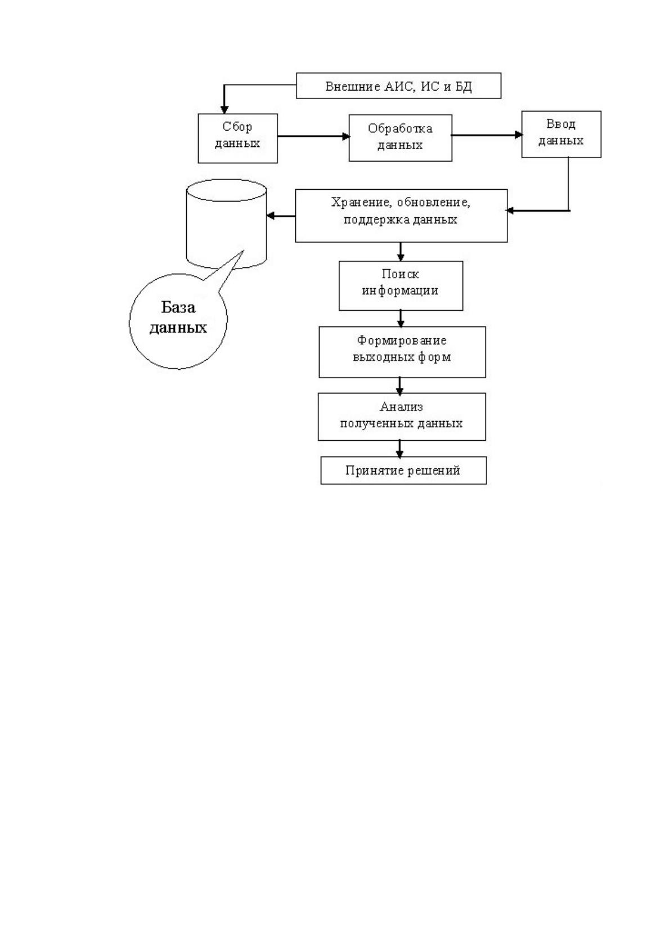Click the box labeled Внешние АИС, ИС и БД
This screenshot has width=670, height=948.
[x=398, y=86]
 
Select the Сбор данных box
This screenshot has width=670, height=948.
[x=238, y=138]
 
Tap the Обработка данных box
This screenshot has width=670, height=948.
[x=400, y=137]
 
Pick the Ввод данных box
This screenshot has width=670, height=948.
[x=561, y=134]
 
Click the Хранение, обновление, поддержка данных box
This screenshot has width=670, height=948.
[x=401, y=216]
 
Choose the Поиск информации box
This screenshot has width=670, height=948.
[x=401, y=285]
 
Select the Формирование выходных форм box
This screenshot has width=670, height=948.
[x=402, y=352]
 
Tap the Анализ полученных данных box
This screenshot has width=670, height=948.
[x=402, y=417]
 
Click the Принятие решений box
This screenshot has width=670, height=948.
[x=403, y=470]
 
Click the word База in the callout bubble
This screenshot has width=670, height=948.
[x=178, y=307]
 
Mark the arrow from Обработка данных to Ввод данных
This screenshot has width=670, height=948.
[x=487, y=135]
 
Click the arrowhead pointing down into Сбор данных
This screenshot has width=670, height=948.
[x=224, y=110]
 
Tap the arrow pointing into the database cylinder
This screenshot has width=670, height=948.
[x=281, y=216]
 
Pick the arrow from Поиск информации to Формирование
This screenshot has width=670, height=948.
[x=401, y=318]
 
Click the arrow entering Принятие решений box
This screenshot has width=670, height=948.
[x=400, y=449]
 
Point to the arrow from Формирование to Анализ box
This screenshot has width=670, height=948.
[x=400, y=386]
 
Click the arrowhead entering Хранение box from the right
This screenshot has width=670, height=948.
[x=510, y=211]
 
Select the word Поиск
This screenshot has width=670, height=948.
[x=400, y=274]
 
